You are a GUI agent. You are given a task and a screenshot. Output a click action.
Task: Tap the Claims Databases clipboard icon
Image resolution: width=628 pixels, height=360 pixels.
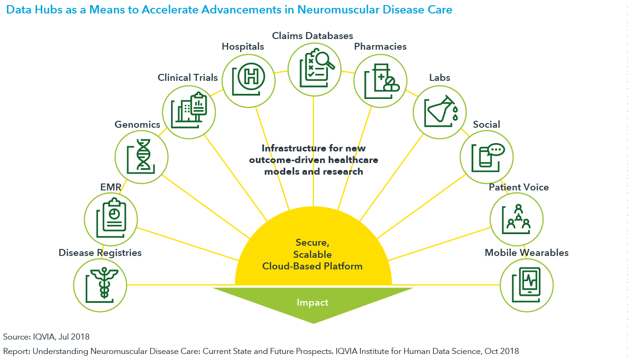coord(314,69)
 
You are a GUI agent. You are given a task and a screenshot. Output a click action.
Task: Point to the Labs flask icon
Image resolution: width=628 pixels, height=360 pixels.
coord(440,111)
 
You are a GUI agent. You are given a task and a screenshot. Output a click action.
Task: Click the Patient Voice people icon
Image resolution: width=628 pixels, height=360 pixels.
coord(516,219)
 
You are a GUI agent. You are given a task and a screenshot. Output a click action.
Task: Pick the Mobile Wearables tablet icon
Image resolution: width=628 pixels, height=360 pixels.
coord(526,284)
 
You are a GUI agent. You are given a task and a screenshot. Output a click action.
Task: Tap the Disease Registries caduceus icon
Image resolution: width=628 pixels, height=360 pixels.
coord(100,284)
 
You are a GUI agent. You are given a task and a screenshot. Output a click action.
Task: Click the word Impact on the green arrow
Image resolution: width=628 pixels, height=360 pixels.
coord(313,303)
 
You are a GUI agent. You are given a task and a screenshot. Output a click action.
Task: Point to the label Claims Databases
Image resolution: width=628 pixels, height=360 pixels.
coord(313,36)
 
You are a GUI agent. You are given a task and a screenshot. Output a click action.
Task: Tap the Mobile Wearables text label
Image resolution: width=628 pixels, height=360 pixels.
coord(526,253)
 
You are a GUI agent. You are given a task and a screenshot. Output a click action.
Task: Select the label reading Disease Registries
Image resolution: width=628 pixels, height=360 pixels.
coord(100,253)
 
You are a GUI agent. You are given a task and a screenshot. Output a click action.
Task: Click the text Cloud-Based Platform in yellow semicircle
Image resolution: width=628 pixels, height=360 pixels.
coord(312,266)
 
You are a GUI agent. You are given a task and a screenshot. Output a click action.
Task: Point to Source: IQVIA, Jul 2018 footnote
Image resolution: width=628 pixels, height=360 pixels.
coord(46,336)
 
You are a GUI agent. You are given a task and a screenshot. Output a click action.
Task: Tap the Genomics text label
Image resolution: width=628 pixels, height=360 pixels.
coord(137,124)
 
